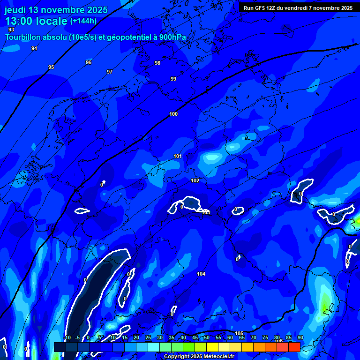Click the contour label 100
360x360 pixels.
point(173,114)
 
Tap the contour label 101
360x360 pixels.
point(178,156)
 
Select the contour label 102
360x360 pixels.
point(195,180)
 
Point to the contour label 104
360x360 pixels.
point(201,274)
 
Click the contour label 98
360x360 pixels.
point(157,63)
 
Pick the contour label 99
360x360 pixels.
point(173,79)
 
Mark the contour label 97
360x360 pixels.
point(110,72)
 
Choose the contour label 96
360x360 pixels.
point(89,62)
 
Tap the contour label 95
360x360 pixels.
point(51,67)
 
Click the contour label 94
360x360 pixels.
point(34,48)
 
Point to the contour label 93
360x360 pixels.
point(11,30)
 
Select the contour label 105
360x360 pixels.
point(239,333)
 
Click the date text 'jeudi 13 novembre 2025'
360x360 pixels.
point(56,10)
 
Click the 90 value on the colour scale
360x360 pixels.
point(300,338)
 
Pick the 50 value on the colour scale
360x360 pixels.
point(206,338)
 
